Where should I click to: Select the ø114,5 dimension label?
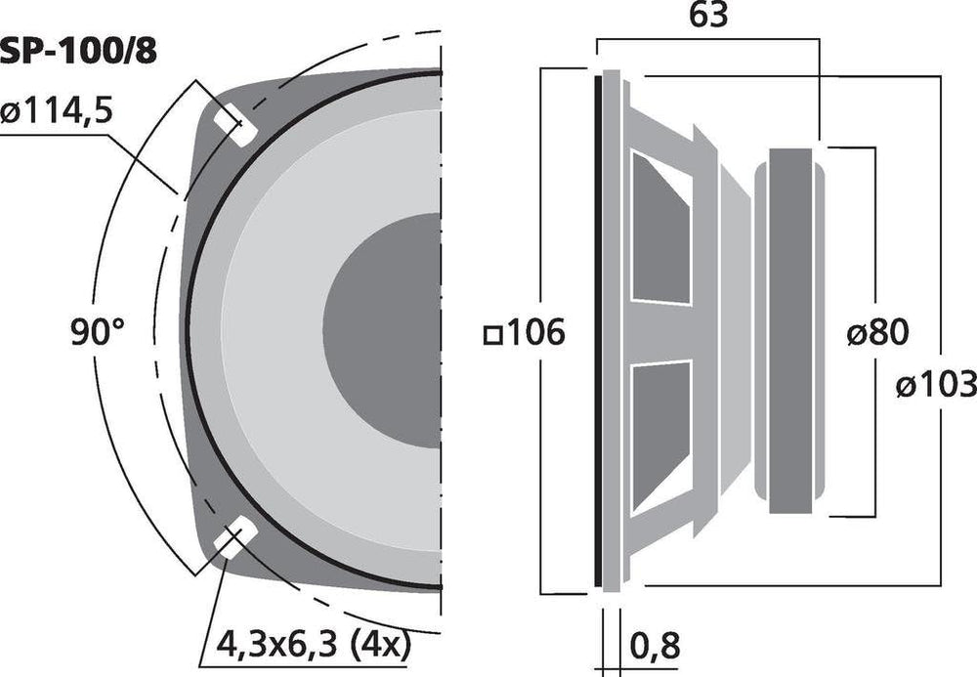[x=56, y=112]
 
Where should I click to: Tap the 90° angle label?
[x=97, y=331]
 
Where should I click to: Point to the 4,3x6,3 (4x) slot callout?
[x=314, y=645]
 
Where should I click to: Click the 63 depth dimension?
[x=708, y=15]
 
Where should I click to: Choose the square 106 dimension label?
[x=525, y=332]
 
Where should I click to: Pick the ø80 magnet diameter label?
[x=878, y=332]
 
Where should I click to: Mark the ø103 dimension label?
[x=936, y=384]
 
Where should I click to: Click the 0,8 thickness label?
[x=655, y=645]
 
